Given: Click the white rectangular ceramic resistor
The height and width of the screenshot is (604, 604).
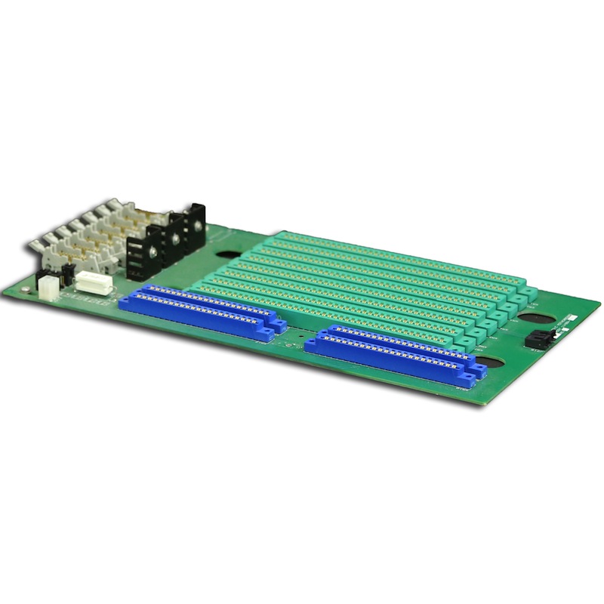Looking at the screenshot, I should click(94, 281).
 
